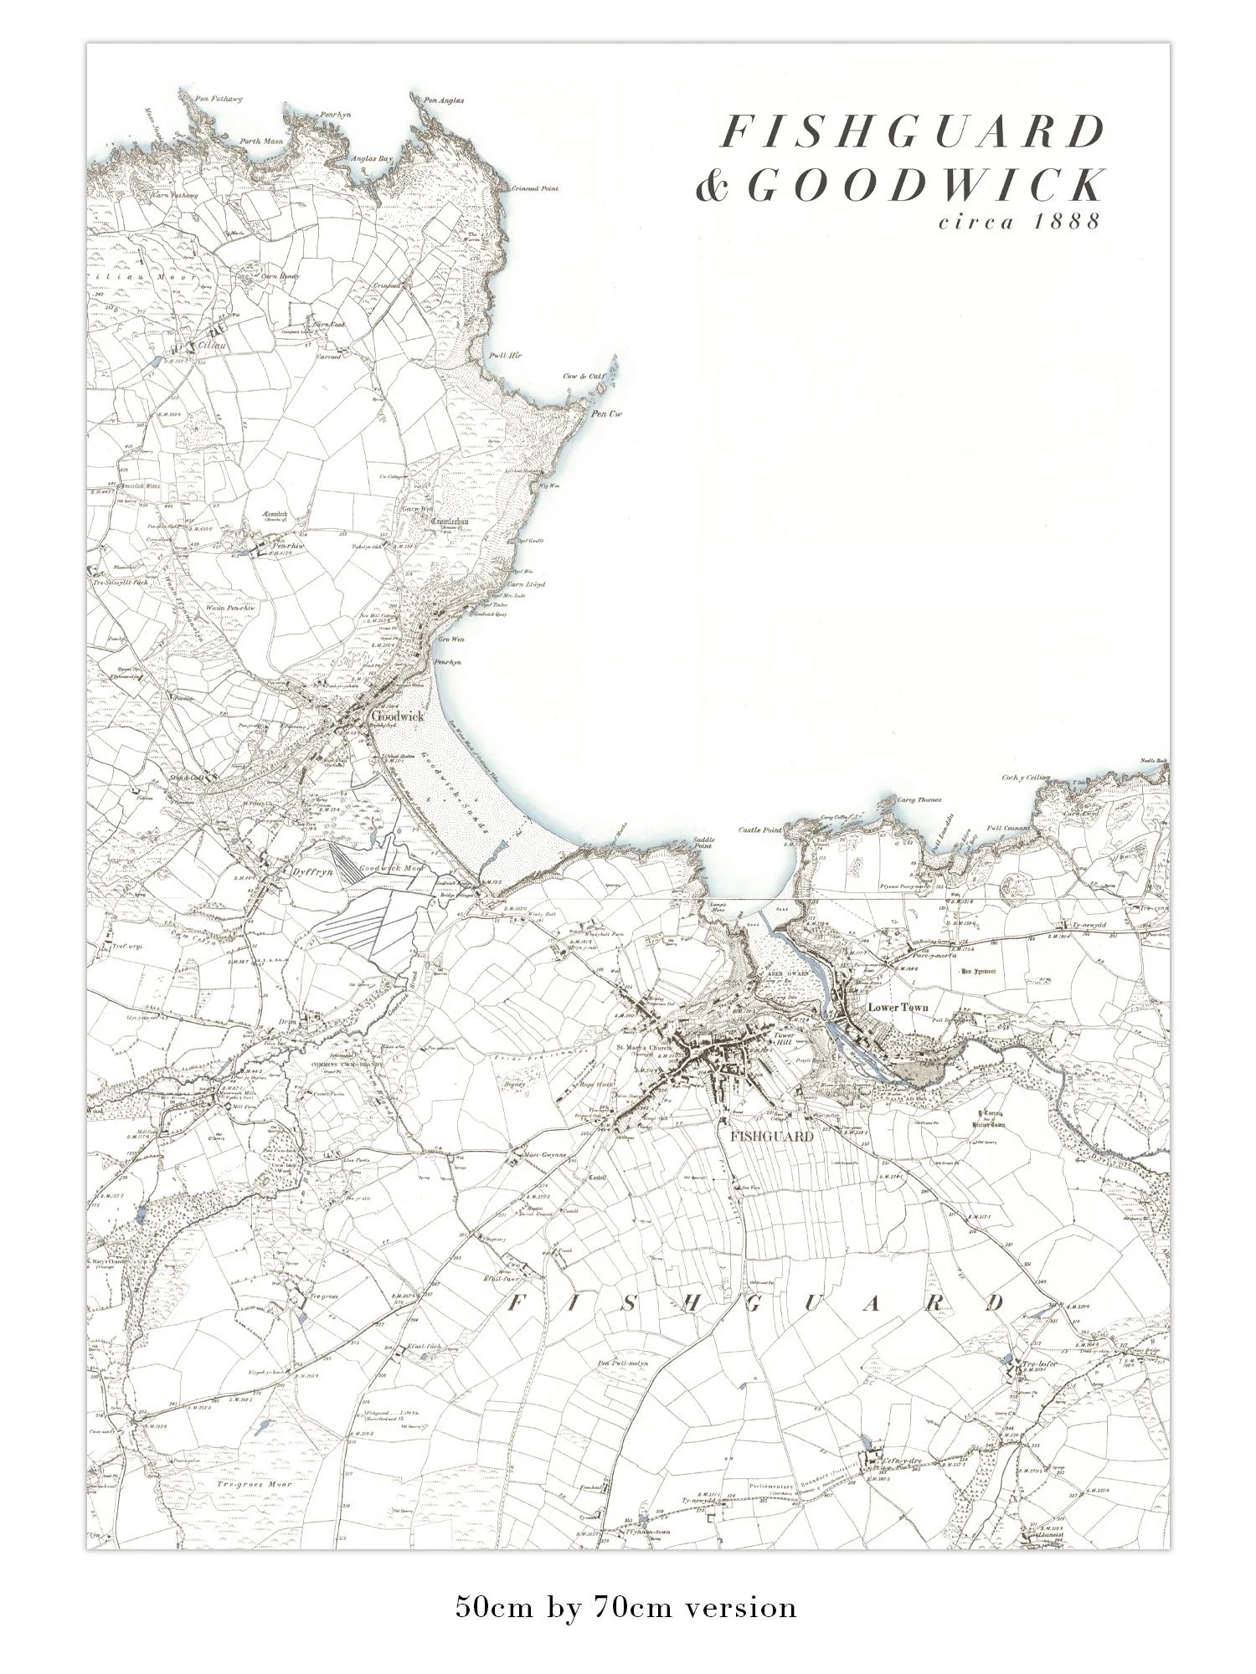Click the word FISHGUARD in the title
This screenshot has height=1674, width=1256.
(913, 132)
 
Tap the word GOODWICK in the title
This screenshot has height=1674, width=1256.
(925, 186)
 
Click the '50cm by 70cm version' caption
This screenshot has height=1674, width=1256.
(626, 1606)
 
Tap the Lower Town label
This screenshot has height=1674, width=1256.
(898, 1008)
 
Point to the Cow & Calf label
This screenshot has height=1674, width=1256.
(584, 377)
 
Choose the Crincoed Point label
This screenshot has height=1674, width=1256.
(535, 189)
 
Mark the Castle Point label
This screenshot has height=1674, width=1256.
(759, 829)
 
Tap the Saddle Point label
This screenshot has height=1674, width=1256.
(702, 844)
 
